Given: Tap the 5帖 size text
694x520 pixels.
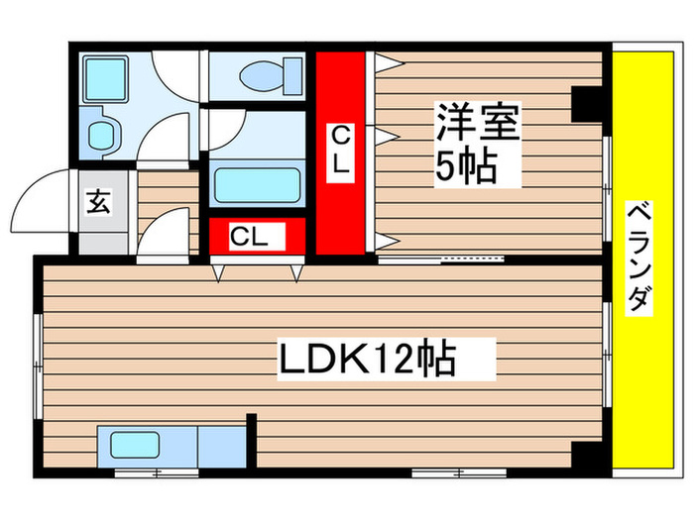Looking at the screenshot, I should click(x=466, y=167).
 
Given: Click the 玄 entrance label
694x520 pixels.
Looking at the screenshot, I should click(x=98, y=201).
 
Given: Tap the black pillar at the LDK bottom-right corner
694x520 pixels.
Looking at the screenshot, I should click(x=588, y=456).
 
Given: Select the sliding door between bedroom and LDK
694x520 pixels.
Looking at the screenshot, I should click(x=441, y=260).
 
